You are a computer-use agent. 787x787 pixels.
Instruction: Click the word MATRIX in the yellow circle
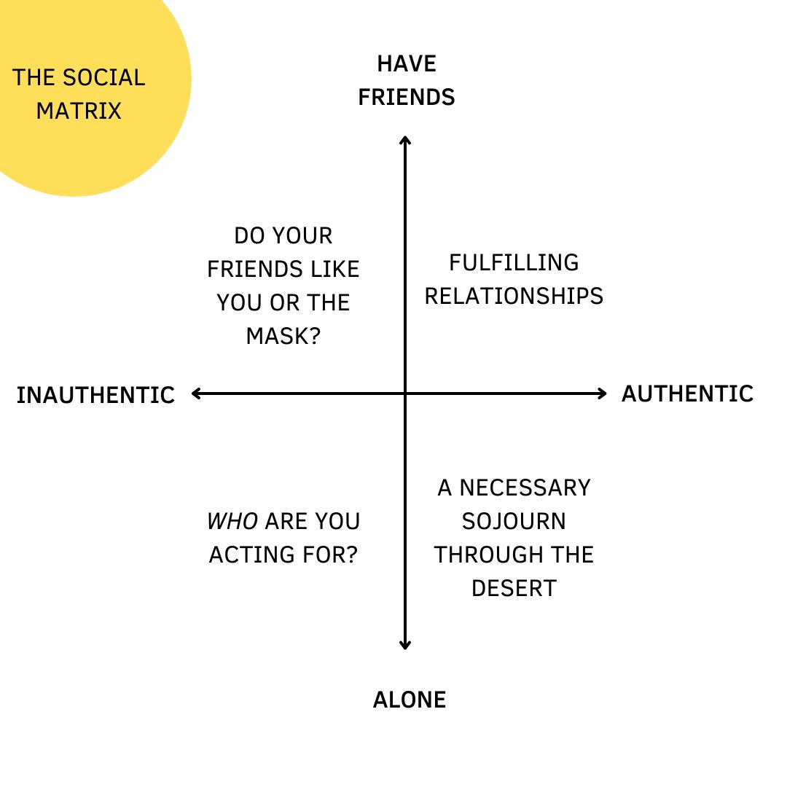[79, 111]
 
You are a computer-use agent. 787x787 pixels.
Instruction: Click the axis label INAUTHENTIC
[95, 395]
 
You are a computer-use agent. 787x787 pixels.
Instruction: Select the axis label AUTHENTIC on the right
[687, 393]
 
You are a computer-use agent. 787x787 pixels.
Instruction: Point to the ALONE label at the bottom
[409, 700]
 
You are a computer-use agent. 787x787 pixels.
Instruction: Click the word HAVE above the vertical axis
[407, 63]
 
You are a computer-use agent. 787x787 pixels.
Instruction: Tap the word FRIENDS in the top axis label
[407, 97]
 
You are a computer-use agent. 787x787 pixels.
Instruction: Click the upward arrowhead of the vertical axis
[405, 138]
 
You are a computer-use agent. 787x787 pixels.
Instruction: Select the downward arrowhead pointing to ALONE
[405, 646]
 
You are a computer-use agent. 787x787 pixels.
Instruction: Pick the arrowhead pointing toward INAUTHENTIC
[195, 394]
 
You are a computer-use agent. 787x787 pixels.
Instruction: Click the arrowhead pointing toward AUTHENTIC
[603, 394]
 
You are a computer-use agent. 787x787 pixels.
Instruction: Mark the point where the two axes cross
[405, 394]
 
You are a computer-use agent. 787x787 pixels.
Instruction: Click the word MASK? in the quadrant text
[283, 336]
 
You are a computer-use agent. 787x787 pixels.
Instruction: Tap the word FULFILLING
[514, 262]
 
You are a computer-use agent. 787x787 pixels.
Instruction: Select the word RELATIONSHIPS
[514, 296]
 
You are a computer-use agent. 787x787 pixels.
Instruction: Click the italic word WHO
[232, 521]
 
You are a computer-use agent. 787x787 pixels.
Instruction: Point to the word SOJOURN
[514, 521]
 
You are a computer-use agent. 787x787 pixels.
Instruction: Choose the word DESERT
[514, 588]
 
